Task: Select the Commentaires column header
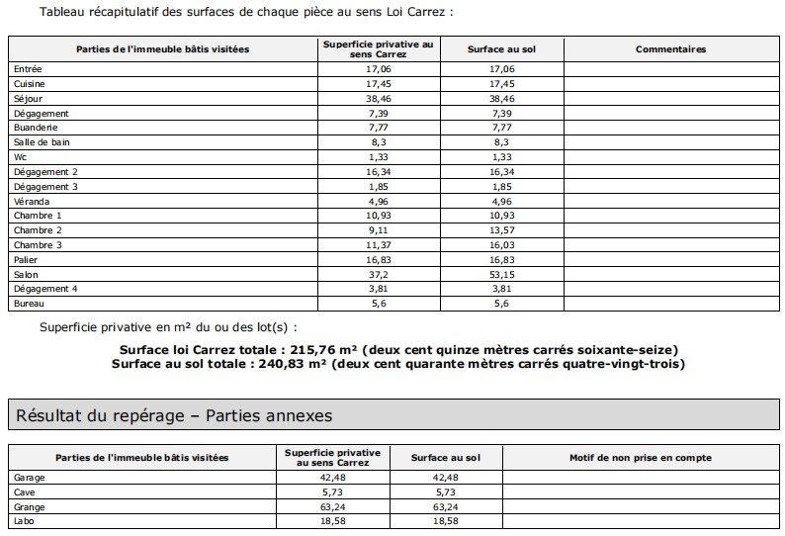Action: (x=670, y=48)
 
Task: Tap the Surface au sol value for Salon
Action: (x=502, y=274)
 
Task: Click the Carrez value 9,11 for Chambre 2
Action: (x=379, y=229)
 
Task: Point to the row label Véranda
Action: (x=27, y=201)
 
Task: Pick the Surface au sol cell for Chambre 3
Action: (x=502, y=244)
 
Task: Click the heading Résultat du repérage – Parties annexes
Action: (x=174, y=415)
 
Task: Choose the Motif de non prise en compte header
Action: (x=641, y=458)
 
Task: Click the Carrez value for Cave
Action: (x=331, y=491)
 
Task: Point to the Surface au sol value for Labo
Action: (x=446, y=520)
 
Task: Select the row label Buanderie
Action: (x=32, y=128)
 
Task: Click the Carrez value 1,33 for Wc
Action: (x=379, y=157)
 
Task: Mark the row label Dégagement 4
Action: (x=39, y=288)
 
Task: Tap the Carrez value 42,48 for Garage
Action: (x=331, y=477)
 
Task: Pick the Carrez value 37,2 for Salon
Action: (x=379, y=274)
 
